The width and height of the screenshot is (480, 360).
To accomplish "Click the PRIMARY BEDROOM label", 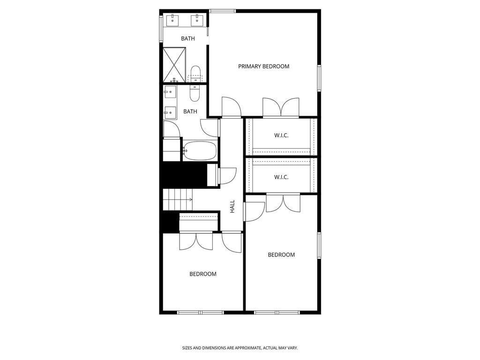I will point(263,67).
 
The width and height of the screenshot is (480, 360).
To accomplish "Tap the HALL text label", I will point(232,207).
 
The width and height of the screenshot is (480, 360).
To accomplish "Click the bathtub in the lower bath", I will point(200,151).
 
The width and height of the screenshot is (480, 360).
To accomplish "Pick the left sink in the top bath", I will point(172,20).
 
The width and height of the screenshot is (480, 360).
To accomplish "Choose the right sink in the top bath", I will point(197,20).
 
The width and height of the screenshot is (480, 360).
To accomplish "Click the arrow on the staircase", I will point(190,200).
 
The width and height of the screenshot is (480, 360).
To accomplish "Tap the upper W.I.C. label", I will point(281,135).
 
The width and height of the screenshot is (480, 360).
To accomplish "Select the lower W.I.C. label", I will point(281,177).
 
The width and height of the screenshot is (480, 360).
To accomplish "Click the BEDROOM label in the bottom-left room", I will point(203,274).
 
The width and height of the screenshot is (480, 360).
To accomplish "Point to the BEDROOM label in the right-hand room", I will point(281,255).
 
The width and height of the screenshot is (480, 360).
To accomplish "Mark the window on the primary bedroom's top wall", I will point(222,11).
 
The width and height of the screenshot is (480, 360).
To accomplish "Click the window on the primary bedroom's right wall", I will point(319,78).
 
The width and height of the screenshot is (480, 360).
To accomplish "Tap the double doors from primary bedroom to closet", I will point(281,108).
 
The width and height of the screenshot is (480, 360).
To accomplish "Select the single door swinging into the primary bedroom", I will point(231,107).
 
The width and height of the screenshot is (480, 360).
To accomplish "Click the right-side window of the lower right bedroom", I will point(319,245).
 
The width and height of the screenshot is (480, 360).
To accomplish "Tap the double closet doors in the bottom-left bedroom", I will point(196,241).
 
